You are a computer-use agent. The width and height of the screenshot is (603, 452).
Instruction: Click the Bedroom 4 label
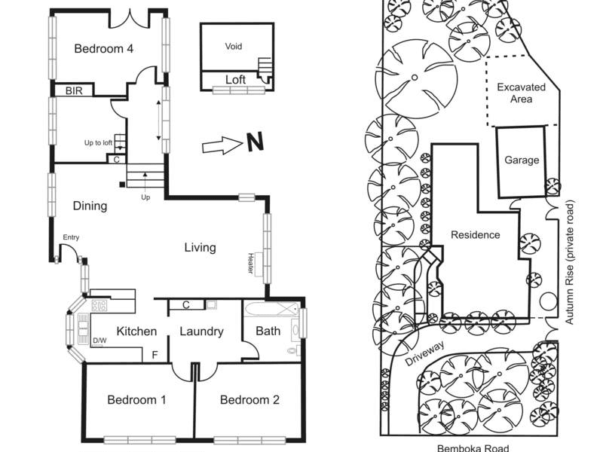[x=104, y=49]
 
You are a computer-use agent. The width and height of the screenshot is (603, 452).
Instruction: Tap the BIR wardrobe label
[x=74, y=90]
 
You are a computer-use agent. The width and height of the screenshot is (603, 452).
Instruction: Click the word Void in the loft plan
[x=234, y=47]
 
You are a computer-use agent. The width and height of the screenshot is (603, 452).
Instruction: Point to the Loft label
[x=236, y=78]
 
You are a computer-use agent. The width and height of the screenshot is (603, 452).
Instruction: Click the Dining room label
[x=90, y=206]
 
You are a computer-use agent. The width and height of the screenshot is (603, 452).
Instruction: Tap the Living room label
[x=200, y=247]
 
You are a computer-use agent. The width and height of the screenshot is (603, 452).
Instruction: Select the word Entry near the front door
[x=71, y=238]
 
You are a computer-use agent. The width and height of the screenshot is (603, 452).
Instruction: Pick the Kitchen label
[x=136, y=331]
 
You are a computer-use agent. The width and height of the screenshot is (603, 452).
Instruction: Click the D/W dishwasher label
[x=99, y=341]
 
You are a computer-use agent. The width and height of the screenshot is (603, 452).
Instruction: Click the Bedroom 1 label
[x=136, y=399]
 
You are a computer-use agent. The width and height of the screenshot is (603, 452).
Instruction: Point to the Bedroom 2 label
[x=249, y=399]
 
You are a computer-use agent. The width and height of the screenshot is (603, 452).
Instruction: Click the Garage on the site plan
[x=522, y=160]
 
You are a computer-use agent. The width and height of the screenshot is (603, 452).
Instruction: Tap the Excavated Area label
[x=521, y=93]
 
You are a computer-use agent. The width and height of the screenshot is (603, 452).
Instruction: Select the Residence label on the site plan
[x=475, y=234]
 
